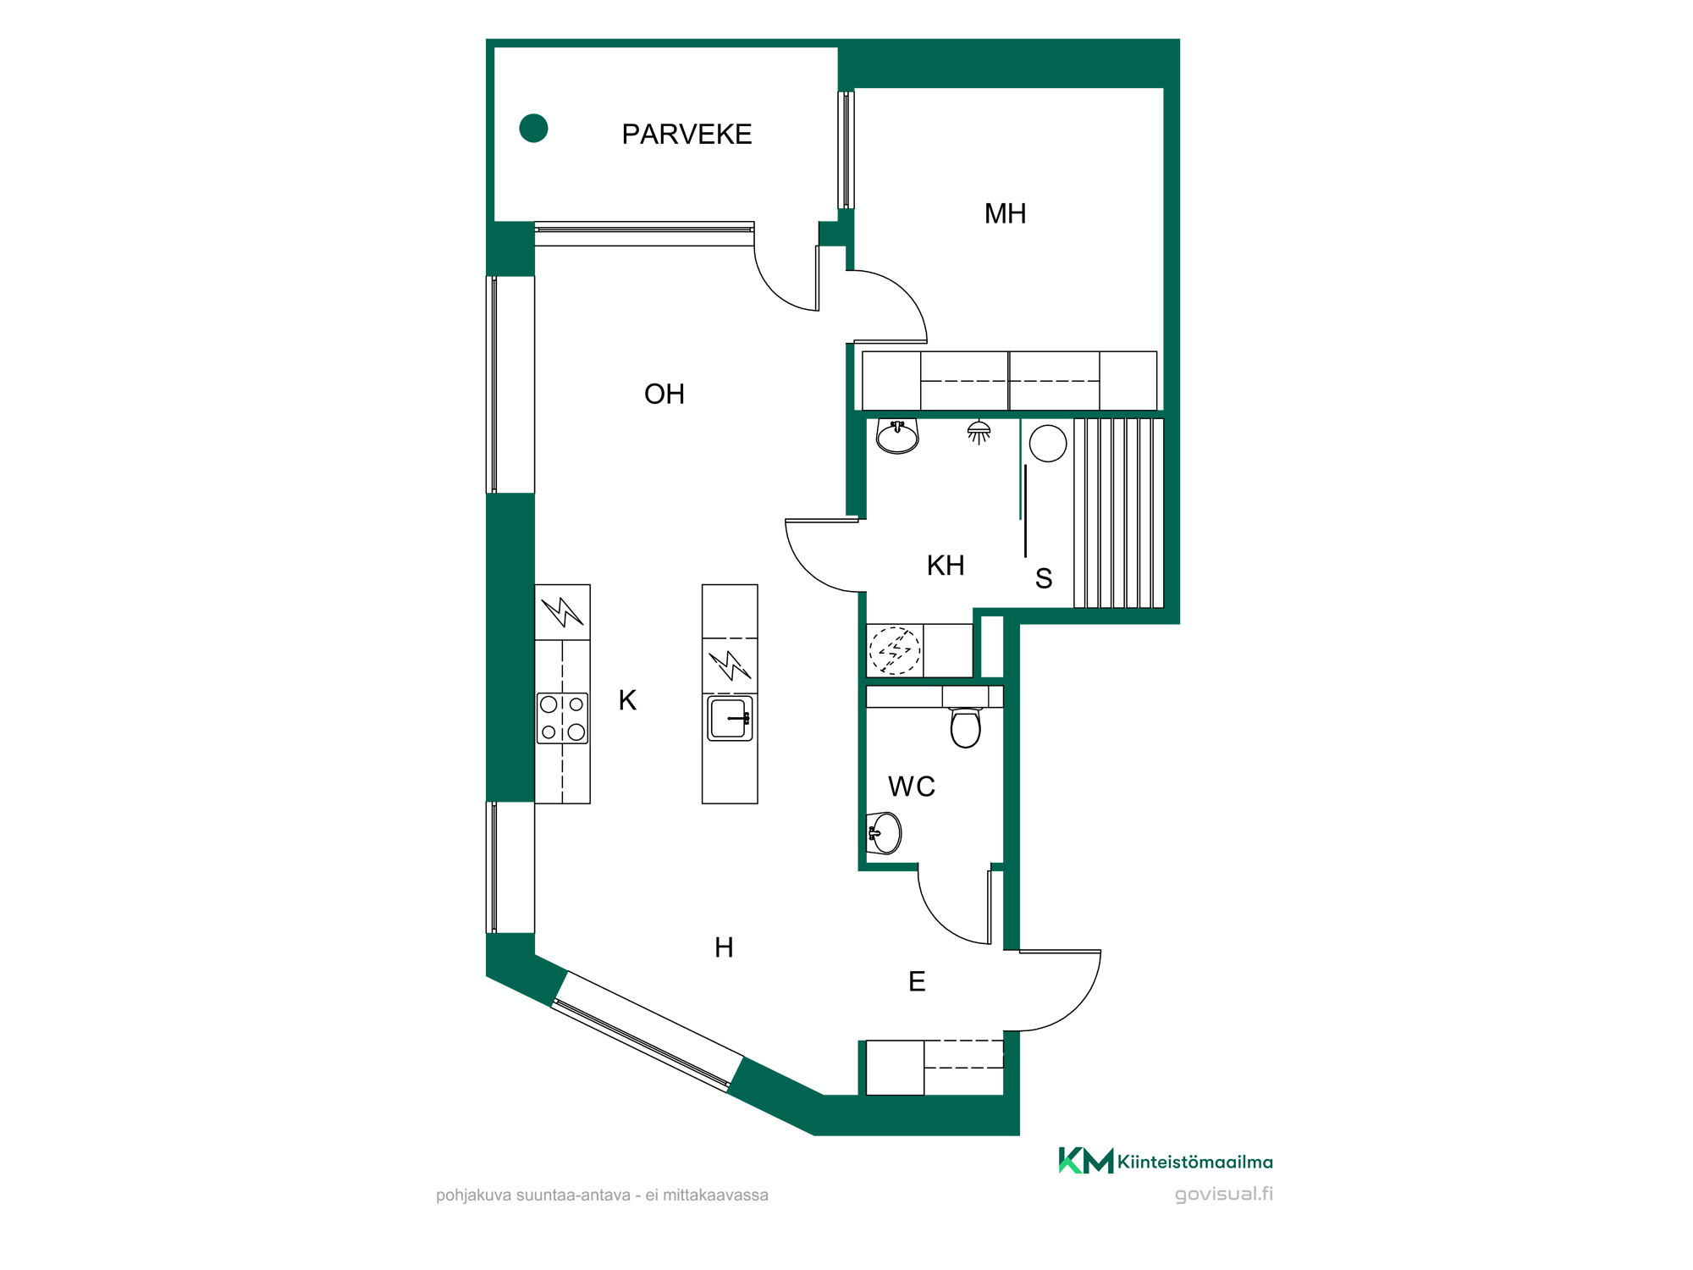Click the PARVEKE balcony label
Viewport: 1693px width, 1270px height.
point(687,134)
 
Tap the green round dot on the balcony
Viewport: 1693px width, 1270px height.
point(533,128)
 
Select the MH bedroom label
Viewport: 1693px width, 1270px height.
point(1005,213)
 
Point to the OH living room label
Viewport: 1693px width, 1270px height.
point(665,394)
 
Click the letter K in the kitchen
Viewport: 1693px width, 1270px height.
point(627,700)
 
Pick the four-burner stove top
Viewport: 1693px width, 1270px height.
point(562,718)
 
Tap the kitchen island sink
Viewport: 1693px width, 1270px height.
point(730,719)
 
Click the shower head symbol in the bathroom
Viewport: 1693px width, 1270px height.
point(979,432)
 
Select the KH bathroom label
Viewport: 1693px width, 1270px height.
point(946,566)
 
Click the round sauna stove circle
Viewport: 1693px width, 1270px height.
point(1048,444)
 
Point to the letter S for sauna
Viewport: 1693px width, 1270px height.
point(1044,579)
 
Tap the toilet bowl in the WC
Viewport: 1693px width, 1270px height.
point(966,728)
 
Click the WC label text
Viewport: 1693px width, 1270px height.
point(912,787)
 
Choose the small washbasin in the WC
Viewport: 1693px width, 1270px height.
point(885,833)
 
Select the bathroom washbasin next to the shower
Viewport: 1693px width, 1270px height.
point(897,436)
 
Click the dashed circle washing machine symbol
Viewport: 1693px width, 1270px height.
point(895,651)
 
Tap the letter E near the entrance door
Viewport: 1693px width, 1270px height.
point(917,981)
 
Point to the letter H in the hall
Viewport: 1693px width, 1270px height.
point(724,947)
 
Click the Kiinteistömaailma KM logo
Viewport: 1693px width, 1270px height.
point(1166,1161)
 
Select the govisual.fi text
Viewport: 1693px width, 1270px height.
point(1224,1194)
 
